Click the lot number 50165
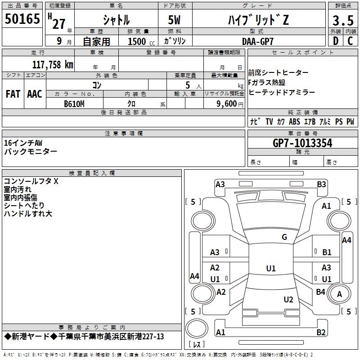tap(22, 19)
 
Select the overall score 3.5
tap(343, 20)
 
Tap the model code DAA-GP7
tap(258, 41)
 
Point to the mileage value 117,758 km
tap(53, 64)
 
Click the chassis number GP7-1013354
tap(302, 143)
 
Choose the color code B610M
tap(74, 104)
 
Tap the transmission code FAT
tap(13, 94)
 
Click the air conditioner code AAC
tap(35, 94)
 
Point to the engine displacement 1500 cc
tap(141, 41)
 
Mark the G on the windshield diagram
tap(284, 237)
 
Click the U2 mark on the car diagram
tap(288, 300)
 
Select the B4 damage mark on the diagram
tap(320, 292)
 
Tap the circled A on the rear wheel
tap(339, 294)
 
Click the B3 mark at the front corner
tap(321, 184)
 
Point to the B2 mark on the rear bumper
tap(321, 332)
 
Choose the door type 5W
tap(174, 20)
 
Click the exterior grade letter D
tap(336, 41)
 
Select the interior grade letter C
tap(350, 41)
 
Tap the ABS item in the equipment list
tap(295, 121)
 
